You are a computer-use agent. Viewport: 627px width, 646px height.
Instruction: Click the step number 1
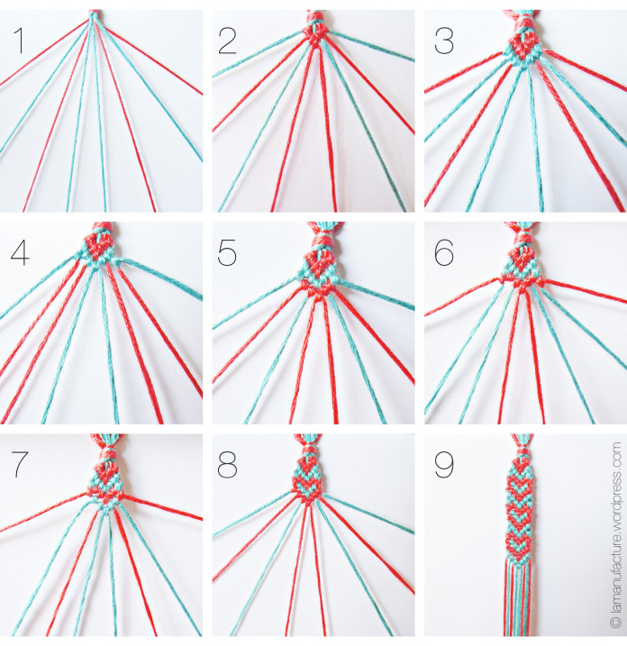[x=17, y=41]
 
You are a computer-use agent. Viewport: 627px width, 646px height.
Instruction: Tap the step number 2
[x=229, y=41]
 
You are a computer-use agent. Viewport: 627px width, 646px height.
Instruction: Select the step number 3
[x=441, y=41]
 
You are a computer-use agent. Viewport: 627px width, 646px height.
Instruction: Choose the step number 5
[x=229, y=254]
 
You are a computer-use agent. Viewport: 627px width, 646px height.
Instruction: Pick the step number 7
[x=18, y=466]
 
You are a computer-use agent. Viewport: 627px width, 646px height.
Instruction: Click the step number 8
[x=229, y=466]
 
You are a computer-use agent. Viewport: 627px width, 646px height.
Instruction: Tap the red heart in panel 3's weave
[x=524, y=43]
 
